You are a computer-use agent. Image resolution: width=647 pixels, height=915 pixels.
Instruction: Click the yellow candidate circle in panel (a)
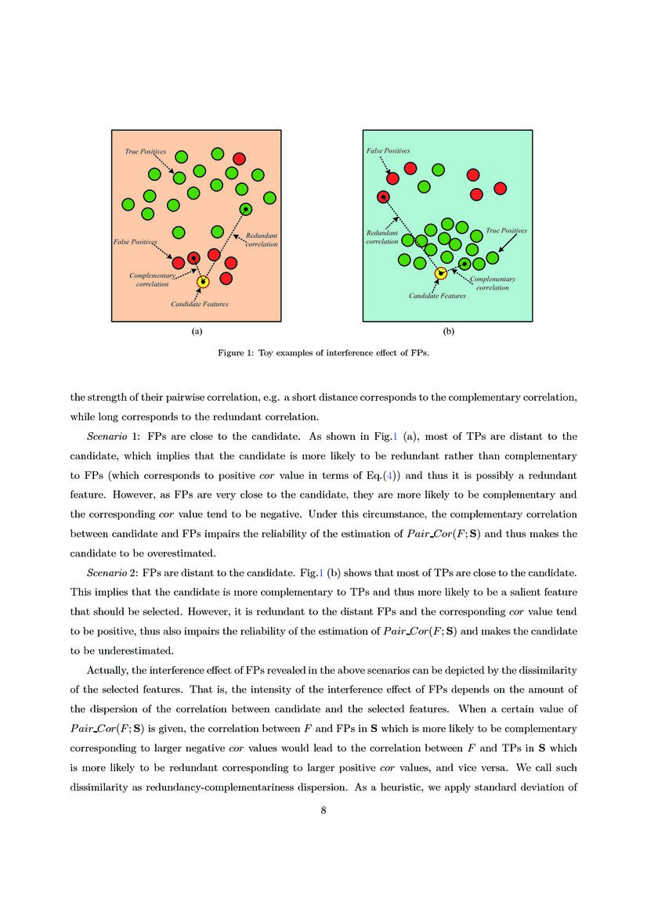click(x=203, y=282)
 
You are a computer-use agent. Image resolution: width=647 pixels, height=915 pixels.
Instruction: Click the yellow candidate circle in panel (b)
click(x=441, y=272)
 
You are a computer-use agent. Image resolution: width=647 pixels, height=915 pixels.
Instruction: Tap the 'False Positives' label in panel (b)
click(x=388, y=150)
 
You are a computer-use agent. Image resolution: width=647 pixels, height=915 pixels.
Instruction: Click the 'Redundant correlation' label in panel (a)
click(x=262, y=240)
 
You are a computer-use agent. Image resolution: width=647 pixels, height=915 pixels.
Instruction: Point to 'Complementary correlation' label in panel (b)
click(x=493, y=283)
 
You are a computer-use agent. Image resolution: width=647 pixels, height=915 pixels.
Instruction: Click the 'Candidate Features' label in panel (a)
click(x=200, y=304)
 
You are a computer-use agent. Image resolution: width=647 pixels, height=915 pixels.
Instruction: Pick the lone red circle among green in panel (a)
click(x=239, y=158)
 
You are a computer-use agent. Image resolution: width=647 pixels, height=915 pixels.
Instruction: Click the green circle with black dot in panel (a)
click(x=246, y=209)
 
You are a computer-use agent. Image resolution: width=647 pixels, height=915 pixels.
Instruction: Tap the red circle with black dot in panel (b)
click(x=383, y=197)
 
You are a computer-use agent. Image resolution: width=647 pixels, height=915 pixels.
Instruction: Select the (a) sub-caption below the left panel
click(x=197, y=332)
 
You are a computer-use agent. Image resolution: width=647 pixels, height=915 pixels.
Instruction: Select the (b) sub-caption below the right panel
click(x=448, y=332)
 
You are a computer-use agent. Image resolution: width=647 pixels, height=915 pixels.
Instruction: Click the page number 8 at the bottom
click(x=323, y=810)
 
